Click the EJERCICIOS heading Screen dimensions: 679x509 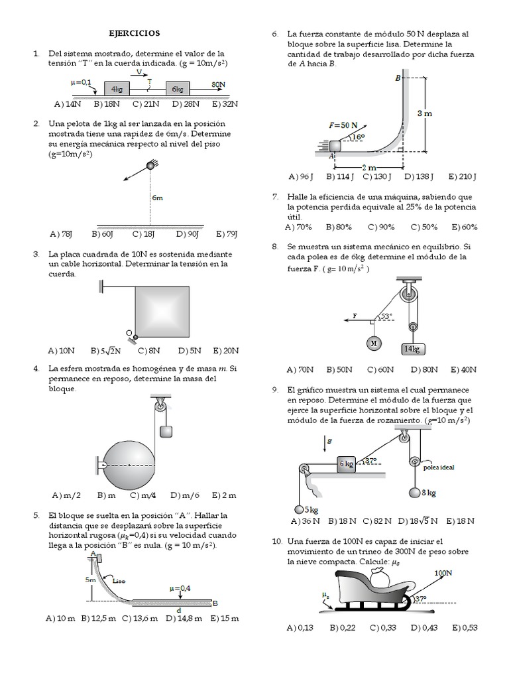click(x=135, y=33)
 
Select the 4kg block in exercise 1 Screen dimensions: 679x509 click(x=117, y=89)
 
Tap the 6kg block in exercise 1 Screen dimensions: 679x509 click(x=177, y=89)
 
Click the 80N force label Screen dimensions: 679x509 click(x=219, y=85)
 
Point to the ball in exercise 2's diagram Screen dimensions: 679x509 click(x=150, y=166)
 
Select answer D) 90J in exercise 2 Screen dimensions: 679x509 click(x=188, y=233)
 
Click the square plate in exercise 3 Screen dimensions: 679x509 click(x=162, y=310)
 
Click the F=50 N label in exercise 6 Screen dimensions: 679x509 click(x=343, y=125)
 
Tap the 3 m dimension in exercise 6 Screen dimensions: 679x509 click(x=424, y=113)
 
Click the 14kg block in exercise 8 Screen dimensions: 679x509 click(x=411, y=348)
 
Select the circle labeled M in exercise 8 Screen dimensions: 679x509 click(x=374, y=343)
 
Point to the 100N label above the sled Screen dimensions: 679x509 click(x=443, y=572)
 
